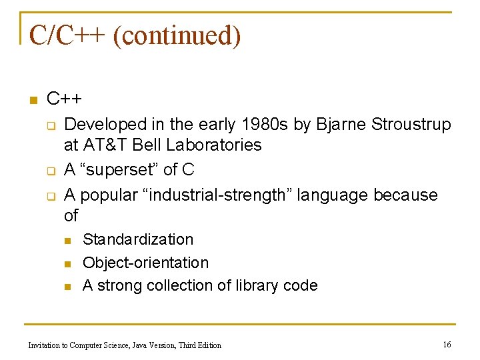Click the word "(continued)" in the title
177,35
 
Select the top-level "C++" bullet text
64,99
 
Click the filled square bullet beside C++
31,101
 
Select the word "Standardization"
138,239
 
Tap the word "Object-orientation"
145,263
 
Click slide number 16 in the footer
447,345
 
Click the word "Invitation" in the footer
44,345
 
